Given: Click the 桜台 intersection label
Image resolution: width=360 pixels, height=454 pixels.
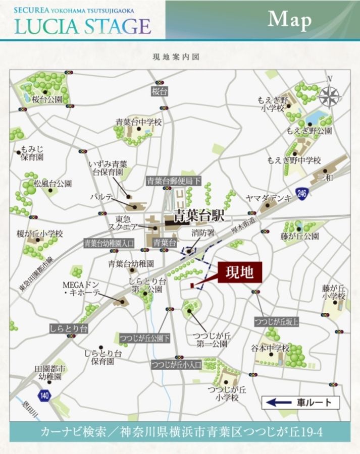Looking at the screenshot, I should (x=159, y=92).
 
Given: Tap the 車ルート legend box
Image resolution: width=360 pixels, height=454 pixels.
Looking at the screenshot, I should (x=300, y=403).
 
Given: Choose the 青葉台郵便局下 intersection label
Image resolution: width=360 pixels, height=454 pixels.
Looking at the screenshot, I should (x=174, y=180).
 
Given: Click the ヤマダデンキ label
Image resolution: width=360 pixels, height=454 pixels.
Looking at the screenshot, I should (x=269, y=198).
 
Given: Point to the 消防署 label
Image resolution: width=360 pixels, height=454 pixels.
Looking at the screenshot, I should (x=203, y=233).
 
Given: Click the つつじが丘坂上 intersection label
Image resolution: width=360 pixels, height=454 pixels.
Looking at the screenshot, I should (x=276, y=322).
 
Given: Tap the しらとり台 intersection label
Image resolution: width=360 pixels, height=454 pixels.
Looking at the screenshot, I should (x=69, y=328).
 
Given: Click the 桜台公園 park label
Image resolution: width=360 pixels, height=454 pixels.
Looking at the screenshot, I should (x=47, y=99).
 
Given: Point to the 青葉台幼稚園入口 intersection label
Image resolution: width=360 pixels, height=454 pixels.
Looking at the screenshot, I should (x=109, y=243).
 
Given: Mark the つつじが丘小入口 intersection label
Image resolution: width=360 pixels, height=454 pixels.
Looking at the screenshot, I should (x=176, y=364).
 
